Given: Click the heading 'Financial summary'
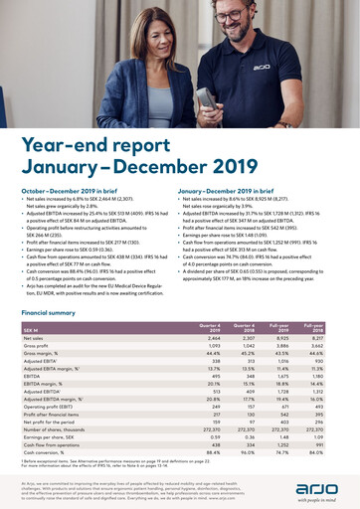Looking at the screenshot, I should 48,313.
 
